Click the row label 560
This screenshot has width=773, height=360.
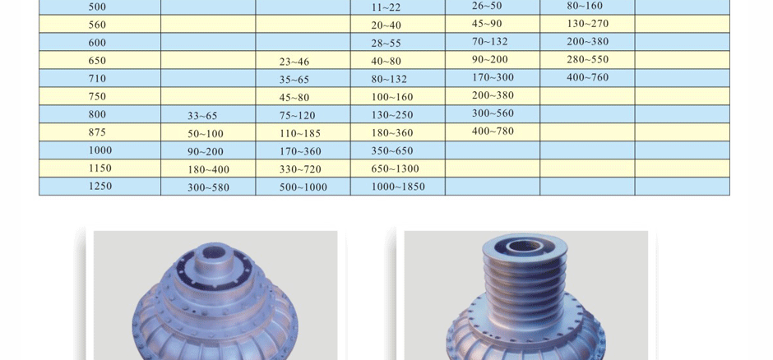pos(97,25)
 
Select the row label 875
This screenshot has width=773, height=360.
pos(97,132)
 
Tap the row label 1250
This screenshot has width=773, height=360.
pos(100,186)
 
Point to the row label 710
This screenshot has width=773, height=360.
pos(97,78)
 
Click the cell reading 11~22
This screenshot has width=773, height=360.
pos(386,7)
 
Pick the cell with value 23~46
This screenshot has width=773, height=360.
pos(294,62)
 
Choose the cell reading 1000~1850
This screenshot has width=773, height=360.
pos(398,187)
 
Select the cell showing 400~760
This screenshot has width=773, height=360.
pos(588,77)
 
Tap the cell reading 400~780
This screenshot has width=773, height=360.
pos(493,131)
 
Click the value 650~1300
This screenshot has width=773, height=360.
pos(395,169)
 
